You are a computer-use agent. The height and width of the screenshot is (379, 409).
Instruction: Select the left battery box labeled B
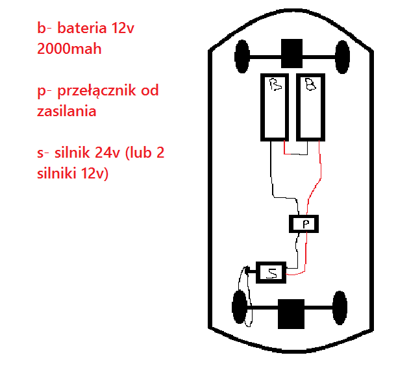pyautogui.click(x=275, y=107)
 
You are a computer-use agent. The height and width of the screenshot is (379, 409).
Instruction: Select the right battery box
pyautogui.click(x=310, y=107)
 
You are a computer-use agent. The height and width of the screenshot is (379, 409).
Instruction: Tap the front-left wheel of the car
pyautogui.click(x=243, y=56)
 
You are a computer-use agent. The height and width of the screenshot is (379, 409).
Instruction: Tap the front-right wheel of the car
pyautogui.click(x=340, y=56)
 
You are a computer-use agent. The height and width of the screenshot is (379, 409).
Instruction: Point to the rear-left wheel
pyautogui.click(x=240, y=308)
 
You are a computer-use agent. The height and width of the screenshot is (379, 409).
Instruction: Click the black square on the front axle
pyautogui.click(x=291, y=53)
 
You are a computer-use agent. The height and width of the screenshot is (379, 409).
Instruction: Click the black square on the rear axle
pyautogui.click(x=291, y=313)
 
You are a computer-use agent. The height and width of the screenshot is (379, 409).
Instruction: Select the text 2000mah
pyautogui.click(x=69, y=49)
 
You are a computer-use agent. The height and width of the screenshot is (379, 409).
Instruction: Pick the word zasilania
pyautogui.click(x=67, y=112)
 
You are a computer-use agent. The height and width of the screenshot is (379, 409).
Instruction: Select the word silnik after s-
pyautogui.click(x=75, y=154)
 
